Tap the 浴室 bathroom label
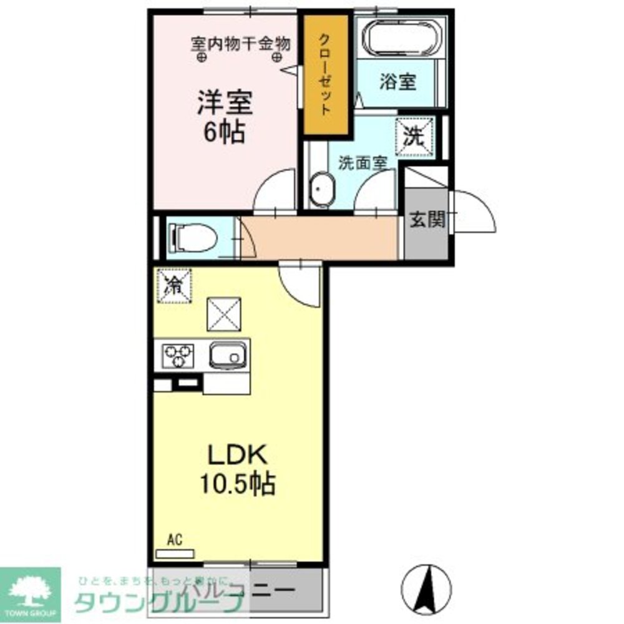click(x=397, y=82)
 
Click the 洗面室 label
click(x=363, y=163)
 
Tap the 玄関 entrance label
click(x=427, y=219)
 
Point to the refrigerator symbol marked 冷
click(x=175, y=285)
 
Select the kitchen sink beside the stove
click(x=226, y=356)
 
